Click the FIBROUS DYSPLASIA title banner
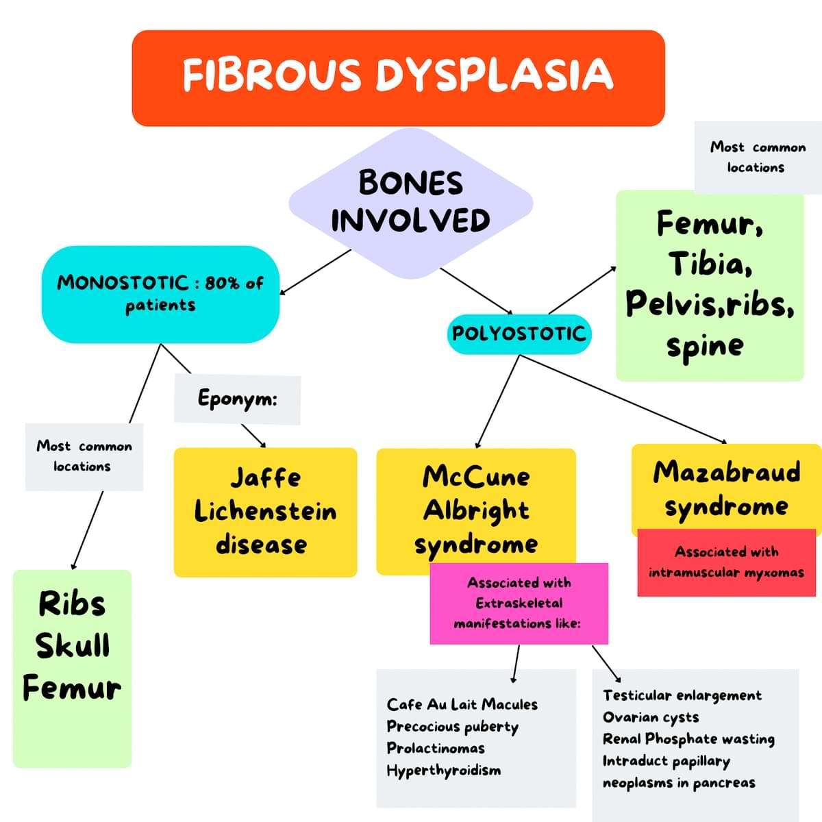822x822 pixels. point(398,77)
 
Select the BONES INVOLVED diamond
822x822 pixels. point(410,203)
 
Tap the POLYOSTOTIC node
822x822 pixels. point(519,334)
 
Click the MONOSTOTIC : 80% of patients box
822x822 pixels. point(160,294)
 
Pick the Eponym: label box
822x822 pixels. point(237,398)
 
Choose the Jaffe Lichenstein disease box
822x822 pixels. point(265,512)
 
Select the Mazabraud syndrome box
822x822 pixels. point(726,488)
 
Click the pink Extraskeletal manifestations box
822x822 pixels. point(519,603)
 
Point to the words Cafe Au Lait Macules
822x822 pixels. point(462,705)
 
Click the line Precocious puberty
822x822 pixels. point(452,727)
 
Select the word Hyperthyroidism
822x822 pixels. point(443,771)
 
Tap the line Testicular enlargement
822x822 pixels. point(682,695)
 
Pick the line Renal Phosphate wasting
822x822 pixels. point(688,739)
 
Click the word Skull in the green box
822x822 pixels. point(72,646)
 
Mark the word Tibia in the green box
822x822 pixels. point(709,264)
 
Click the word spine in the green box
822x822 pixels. point(705,347)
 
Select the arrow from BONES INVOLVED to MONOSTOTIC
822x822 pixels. point(315,272)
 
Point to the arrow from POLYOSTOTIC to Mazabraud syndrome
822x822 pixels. point(623,399)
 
